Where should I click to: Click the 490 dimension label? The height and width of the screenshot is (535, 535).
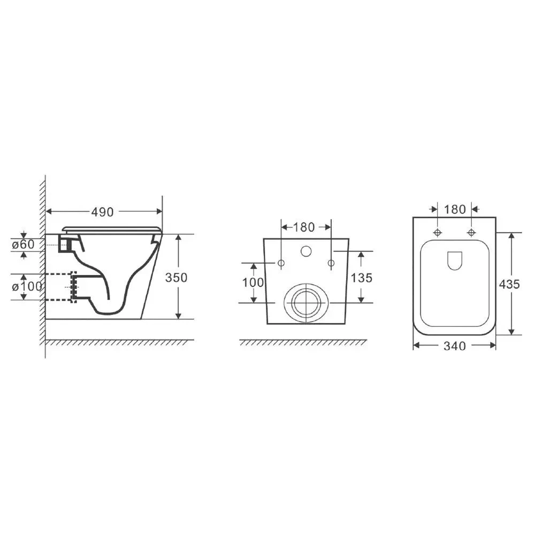coord(102,212)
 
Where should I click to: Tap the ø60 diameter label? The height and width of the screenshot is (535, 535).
coord(23,244)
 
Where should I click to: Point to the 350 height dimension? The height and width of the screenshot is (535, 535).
coord(177,277)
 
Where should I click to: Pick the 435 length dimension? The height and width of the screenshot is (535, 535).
coord(509,284)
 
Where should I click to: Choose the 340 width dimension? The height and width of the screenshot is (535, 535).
coord(455,346)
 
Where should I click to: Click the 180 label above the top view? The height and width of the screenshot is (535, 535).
coord(455,209)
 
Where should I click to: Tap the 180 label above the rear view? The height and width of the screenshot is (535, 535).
coord(304,227)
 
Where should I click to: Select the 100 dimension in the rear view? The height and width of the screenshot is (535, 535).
coord(253,282)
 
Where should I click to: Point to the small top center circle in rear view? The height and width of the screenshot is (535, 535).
coord(306,251)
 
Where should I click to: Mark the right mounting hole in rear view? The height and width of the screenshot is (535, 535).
coord(331,263)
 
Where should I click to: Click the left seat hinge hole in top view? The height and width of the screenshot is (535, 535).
coord(438,233)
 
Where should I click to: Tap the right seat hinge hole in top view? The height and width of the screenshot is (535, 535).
coord(471,233)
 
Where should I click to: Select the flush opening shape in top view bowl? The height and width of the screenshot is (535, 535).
coord(454,261)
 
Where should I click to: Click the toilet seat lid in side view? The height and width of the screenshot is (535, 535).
coord(112,229)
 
